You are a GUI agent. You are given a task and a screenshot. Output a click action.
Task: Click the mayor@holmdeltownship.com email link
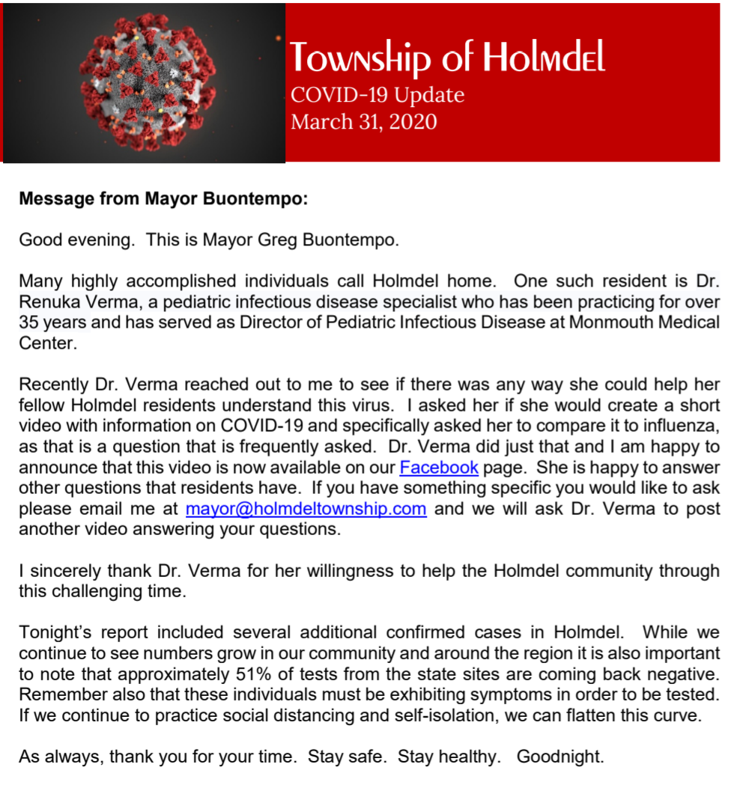coord(306,509)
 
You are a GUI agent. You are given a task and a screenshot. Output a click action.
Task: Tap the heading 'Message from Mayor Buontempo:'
coord(163,200)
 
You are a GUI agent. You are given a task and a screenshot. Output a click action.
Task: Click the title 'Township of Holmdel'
coord(447,58)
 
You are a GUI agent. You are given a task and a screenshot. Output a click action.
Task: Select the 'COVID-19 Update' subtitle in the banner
coord(377,95)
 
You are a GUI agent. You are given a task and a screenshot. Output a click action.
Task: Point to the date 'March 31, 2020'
coord(364,121)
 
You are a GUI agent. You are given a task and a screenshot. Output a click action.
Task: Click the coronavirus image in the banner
coord(144,82)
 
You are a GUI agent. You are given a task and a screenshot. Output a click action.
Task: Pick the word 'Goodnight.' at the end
coord(560,756)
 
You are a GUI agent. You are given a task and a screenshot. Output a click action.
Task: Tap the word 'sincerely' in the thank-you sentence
coord(58,571)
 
